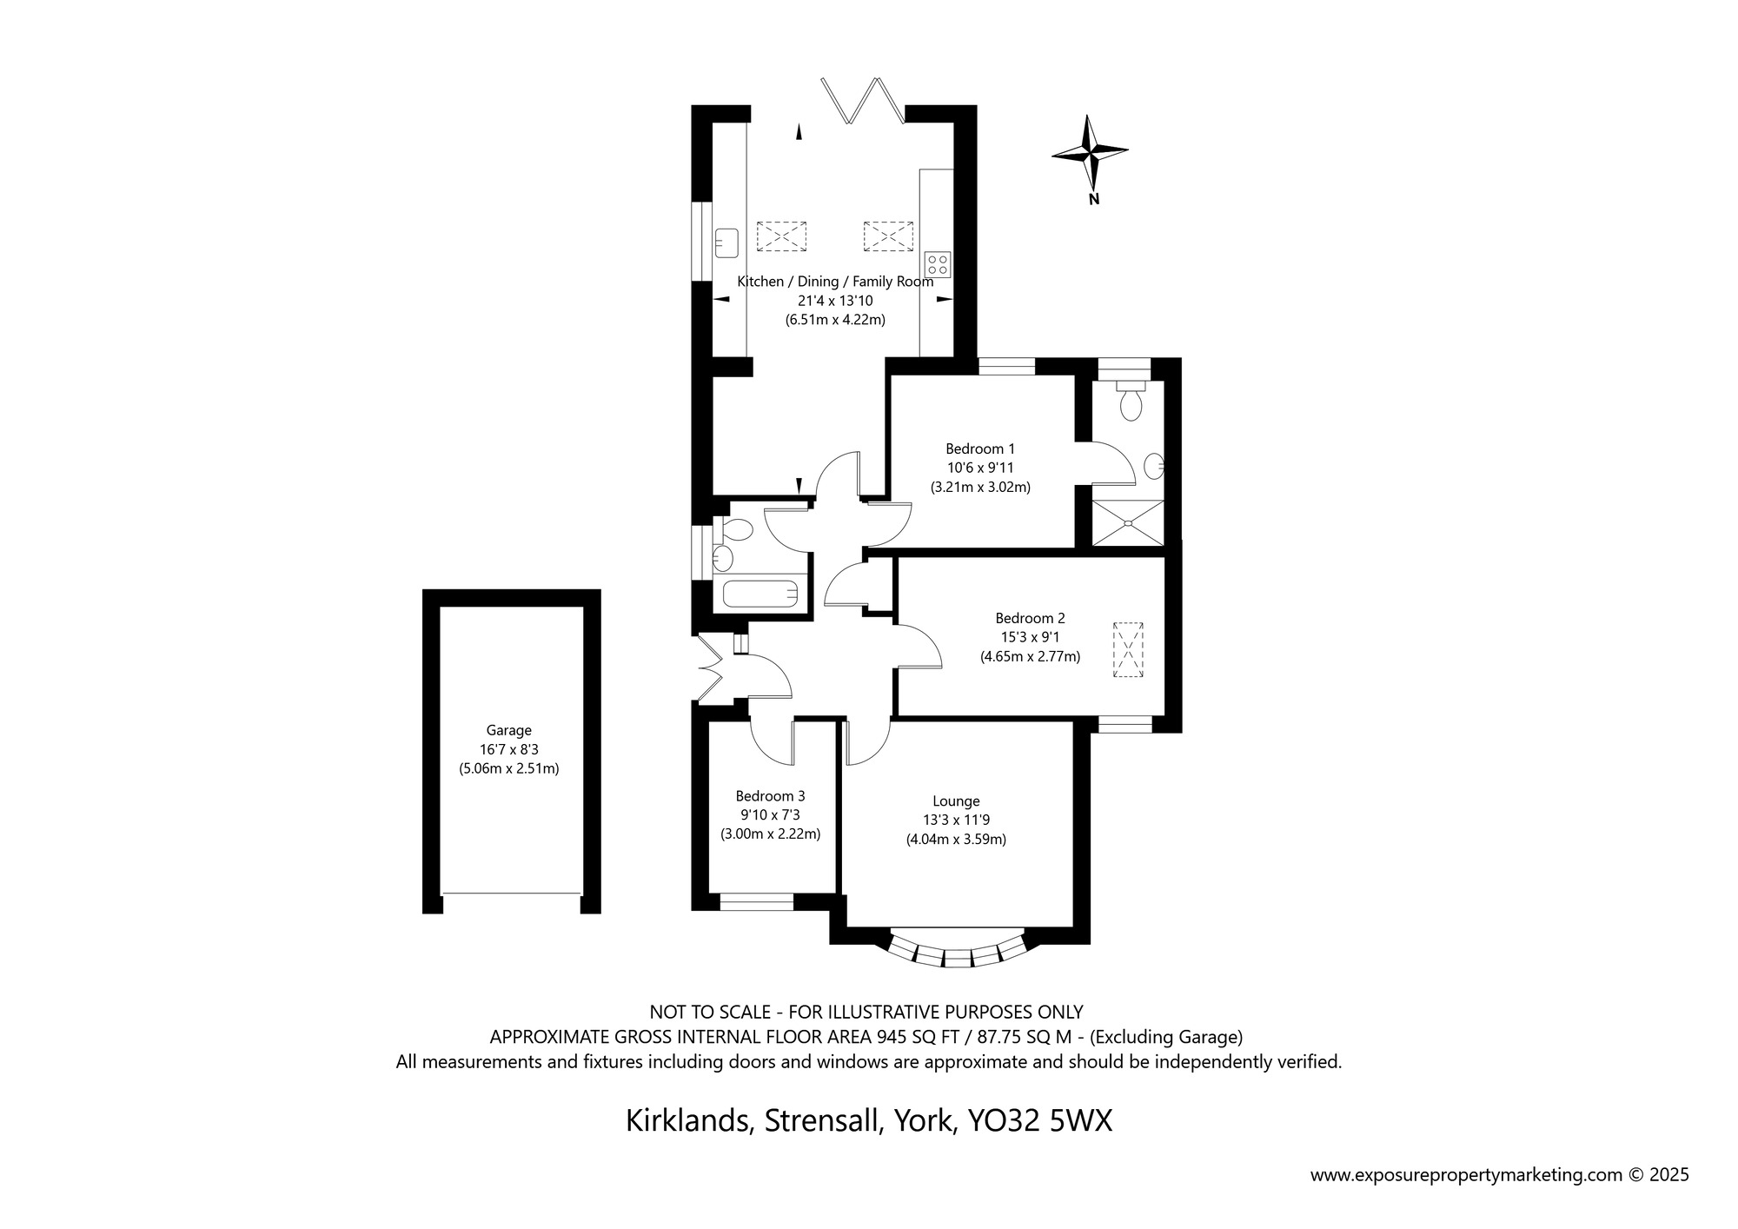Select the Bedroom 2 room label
(x=1030, y=619)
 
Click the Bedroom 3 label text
(x=770, y=796)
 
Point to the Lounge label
(x=956, y=801)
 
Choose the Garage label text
(x=508, y=731)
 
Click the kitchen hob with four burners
(x=938, y=264)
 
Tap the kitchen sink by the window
(x=726, y=242)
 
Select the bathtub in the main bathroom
(x=760, y=595)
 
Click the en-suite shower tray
(x=1127, y=523)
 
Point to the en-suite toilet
(x=1130, y=399)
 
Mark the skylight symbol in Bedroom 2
(x=1128, y=650)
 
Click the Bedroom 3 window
(x=757, y=904)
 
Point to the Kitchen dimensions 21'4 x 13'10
(x=835, y=301)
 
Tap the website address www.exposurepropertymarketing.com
(x=1467, y=1176)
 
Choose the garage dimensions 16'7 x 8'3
(x=508, y=749)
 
